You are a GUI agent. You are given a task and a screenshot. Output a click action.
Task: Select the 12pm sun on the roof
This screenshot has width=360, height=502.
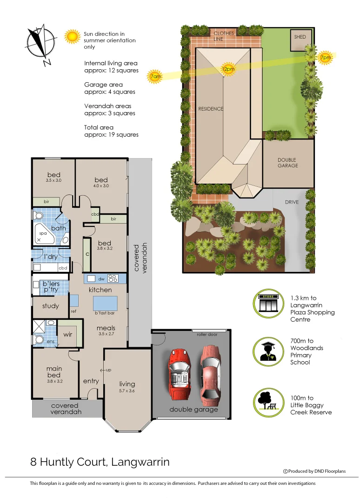click(x=228, y=69)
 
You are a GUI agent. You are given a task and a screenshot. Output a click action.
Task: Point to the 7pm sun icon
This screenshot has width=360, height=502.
click(x=326, y=57)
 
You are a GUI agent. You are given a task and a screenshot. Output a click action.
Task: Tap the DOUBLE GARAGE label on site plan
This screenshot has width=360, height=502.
click(x=287, y=163)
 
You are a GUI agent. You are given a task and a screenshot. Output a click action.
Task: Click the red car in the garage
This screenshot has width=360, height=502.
click(x=178, y=373)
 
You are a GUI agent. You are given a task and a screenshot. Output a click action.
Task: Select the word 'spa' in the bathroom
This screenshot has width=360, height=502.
click(x=43, y=233)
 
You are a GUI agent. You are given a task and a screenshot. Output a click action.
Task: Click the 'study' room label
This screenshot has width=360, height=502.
click(x=50, y=306)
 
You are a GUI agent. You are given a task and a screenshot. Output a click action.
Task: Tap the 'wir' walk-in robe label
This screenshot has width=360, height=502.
click(x=68, y=334)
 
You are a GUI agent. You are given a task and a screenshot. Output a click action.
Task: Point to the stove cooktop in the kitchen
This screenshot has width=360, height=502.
click(x=113, y=278)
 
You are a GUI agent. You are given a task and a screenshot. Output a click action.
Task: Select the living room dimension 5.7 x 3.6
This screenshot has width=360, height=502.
click(x=127, y=391)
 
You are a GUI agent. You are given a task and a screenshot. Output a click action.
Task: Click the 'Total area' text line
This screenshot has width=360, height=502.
click(x=99, y=127)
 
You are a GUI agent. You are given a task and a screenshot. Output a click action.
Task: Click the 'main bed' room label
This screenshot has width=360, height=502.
click(x=54, y=372)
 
